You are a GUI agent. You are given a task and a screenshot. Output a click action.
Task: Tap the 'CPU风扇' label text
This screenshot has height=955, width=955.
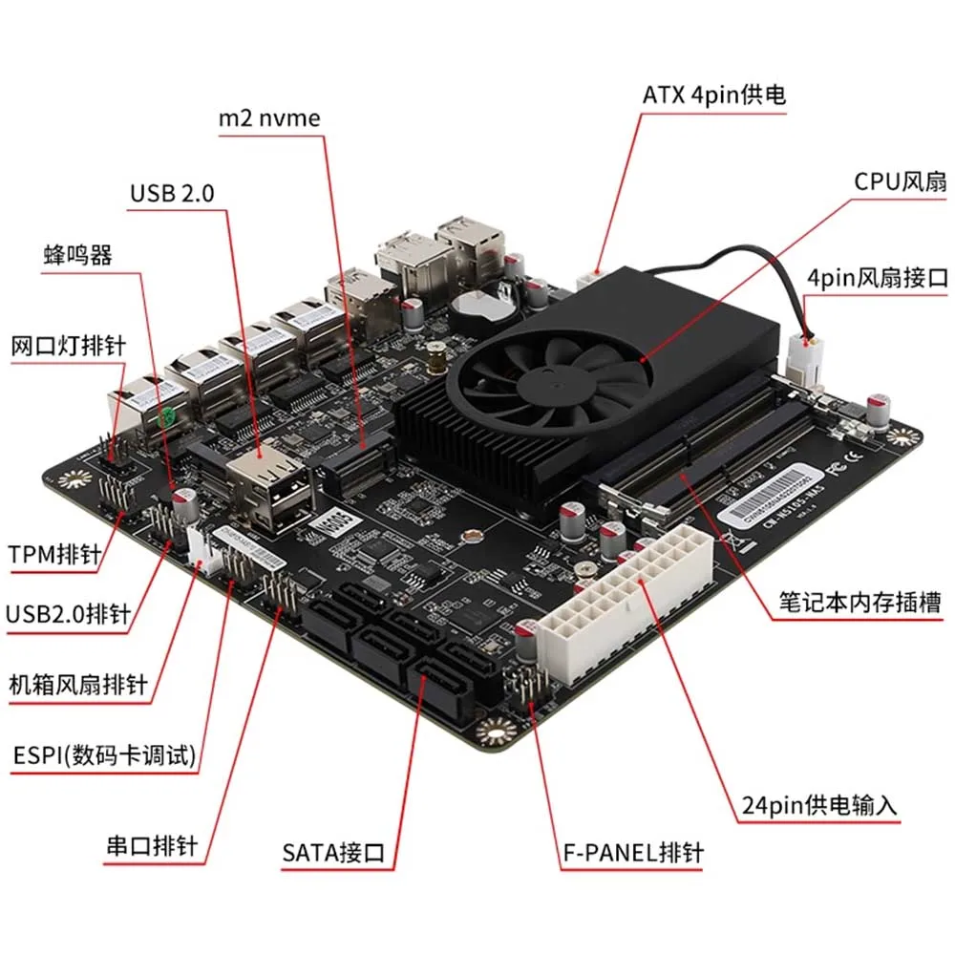pyautogui.click(x=900, y=181)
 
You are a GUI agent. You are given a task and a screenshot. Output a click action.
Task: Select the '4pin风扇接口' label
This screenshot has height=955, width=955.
pyautogui.click(x=877, y=279)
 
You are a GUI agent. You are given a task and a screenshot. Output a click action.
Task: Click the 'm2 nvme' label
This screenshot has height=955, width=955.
pyautogui.click(x=269, y=117)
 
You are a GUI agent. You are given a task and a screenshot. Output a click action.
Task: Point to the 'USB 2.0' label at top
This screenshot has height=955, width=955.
pyautogui.click(x=172, y=194)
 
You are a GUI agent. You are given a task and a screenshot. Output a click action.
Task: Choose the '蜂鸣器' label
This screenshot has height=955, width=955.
pyautogui.click(x=78, y=255)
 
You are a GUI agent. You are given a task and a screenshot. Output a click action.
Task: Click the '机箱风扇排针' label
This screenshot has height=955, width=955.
pyautogui.click(x=77, y=684)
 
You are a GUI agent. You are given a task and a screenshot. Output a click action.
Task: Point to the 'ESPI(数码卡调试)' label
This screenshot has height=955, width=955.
pyautogui.click(x=102, y=756)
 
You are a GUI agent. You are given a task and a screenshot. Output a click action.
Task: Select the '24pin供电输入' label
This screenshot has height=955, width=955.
pyautogui.click(x=819, y=805)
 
